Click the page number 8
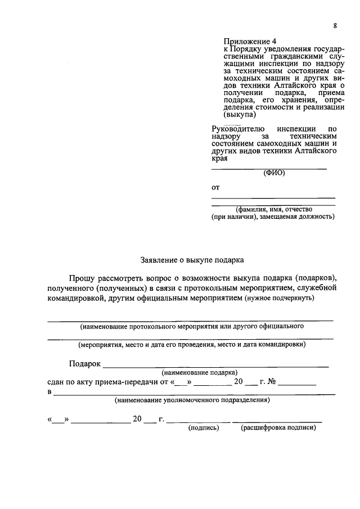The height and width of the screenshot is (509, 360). [x=335, y=26]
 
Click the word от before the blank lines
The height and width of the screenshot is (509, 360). [x=215, y=187]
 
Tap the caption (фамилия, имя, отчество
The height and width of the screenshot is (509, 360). [x=273, y=209]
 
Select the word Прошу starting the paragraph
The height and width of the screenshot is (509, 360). [x=83, y=278]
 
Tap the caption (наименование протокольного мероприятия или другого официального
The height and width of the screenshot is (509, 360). [x=192, y=326]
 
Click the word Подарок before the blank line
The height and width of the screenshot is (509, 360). [x=84, y=364]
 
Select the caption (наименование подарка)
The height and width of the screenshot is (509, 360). [x=199, y=373]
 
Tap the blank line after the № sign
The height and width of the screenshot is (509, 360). [x=297, y=384]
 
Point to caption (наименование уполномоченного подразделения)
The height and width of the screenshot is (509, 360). [x=191, y=400]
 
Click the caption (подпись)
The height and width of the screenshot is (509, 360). [x=203, y=428]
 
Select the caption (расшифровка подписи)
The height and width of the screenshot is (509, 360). [x=278, y=428]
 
